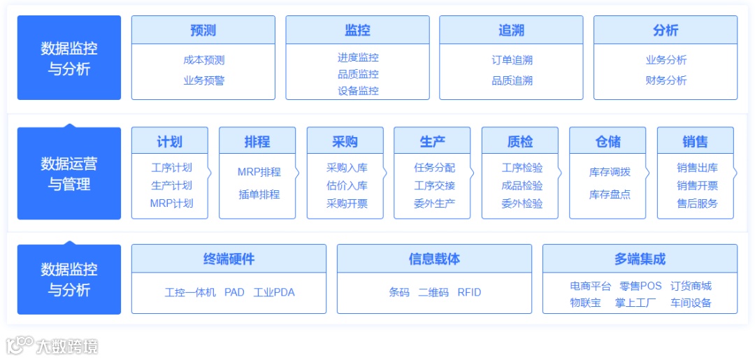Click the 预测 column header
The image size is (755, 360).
pyautogui.click(x=203, y=30)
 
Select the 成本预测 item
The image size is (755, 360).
pyautogui.click(x=203, y=60)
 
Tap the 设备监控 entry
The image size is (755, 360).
pyautogui.click(x=358, y=91)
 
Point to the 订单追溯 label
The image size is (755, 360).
pyautogui.click(x=512, y=60)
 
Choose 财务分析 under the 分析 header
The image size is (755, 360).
pyautogui.click(x=666, y=80)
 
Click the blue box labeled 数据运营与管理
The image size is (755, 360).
pyautogui.click(x=69, y=174)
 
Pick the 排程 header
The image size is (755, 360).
pyautogui.click(x=257, y=141)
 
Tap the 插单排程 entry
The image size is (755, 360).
pyautogui.click(x=259, y=194)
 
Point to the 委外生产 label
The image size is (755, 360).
pyautogui.click(x=434, y=203)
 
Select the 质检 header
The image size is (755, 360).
pyautogui.click(x=519, y=141)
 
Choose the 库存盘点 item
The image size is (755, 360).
pyautogui.click(x=610, y=194)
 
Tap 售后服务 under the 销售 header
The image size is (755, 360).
pyautogui.click(x=697, y=203)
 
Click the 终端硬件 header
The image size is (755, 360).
pyautogui.click(x=229, y=259)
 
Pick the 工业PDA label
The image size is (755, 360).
pyautogui.click(x=274, y=292)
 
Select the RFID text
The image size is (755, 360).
pyautogui.click(x=469, y=292)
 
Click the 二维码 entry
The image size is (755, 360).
pyautogui.click(x=433, y=292)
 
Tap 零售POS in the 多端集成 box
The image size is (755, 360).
pyautogui.click(x=640, y=286)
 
